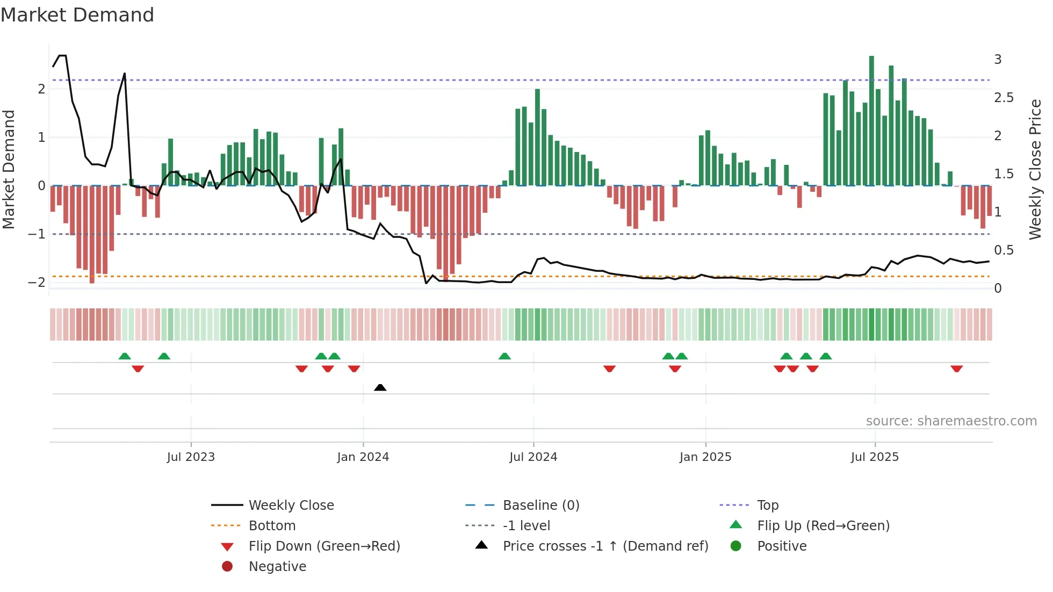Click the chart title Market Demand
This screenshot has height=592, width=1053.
point(77,15)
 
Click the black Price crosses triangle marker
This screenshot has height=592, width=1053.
point(380,387)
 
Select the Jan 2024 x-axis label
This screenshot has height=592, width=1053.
point(363,457)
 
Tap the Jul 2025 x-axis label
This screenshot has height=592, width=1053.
point(875,457)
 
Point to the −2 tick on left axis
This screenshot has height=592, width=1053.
point(37,283)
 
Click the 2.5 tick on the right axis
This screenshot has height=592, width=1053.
point(1004,98)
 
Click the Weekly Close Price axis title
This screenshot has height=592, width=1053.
point(1035,169)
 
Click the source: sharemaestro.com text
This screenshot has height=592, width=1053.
point(951,421)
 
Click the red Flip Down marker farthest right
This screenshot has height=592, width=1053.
point(956,369)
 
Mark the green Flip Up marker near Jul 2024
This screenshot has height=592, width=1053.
point(504,356)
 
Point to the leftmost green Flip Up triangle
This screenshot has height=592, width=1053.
point(125,356)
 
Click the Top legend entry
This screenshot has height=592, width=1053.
point(767,506)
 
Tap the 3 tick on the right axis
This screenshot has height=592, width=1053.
point(998,60)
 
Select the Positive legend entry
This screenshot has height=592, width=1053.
point(781,546)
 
